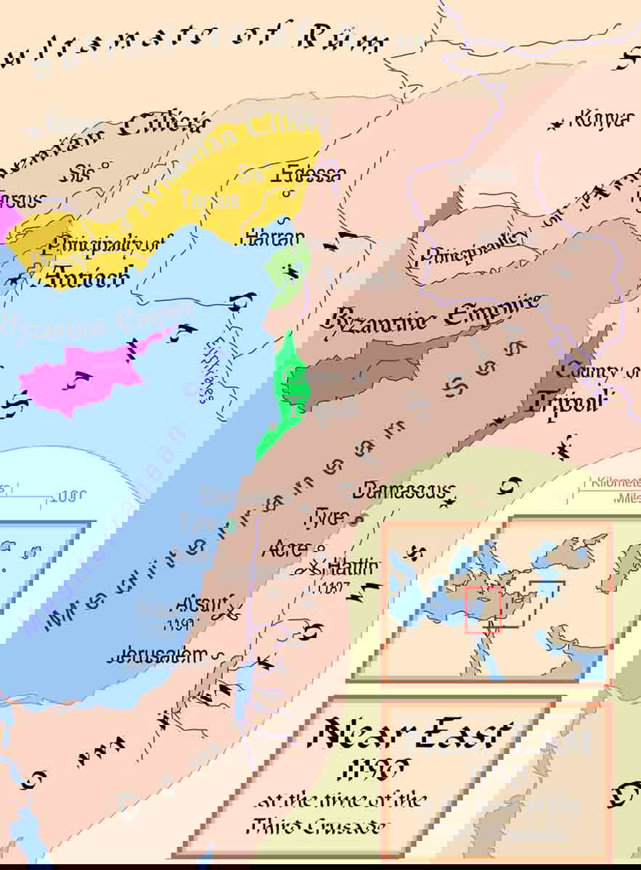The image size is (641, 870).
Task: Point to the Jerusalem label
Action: [159, 656]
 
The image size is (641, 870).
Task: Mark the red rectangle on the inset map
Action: [483, 610]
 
